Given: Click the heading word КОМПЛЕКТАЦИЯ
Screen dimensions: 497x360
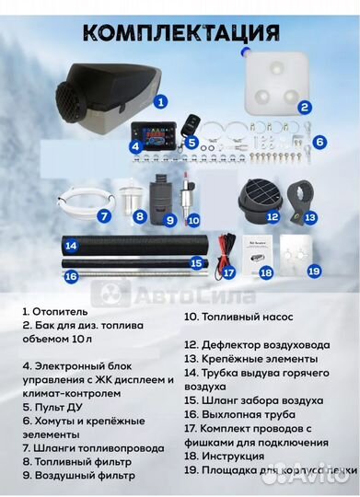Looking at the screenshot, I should (x=180, y=33).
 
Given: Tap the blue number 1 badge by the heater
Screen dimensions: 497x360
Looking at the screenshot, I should (x=159, y=104).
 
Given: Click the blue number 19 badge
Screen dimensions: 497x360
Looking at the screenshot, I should (x=313, y=272).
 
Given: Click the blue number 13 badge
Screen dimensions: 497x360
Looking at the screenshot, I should (x=310, y=217).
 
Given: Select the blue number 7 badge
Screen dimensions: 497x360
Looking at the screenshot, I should (x=105, y=217).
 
